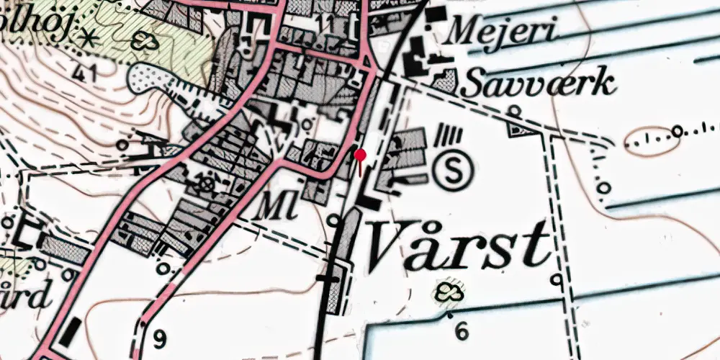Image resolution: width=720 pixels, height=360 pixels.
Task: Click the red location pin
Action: click(361, 154)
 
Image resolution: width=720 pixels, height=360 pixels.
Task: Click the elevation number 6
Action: click(462, 330)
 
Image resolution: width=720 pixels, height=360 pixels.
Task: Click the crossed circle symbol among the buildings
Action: click(207, 185)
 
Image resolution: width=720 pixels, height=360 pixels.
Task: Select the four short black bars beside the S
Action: click(451, 135)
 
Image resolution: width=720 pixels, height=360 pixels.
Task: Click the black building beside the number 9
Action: click(73, 333)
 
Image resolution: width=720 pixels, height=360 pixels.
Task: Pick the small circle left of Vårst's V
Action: click(333, 219)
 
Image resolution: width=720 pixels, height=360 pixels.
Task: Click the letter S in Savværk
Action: click(474, 84)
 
